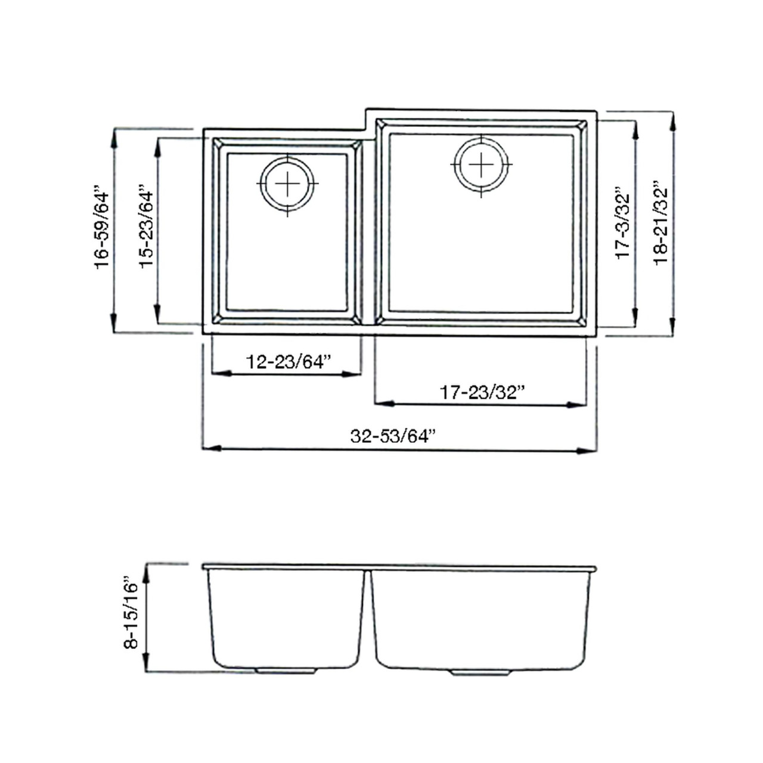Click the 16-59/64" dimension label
click(x=102, y=230)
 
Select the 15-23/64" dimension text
click(x=146, y=230)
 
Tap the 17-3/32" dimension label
click(x=622, y=225)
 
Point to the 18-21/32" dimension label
click(x=660, y=223)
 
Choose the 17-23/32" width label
click(x=482, y=392)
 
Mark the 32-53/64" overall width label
click(x=393, y=436)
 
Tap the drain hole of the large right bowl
click(x=481, y=165)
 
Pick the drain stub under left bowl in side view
click(x=285, y=671)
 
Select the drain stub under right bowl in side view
click(x=480, y=672)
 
